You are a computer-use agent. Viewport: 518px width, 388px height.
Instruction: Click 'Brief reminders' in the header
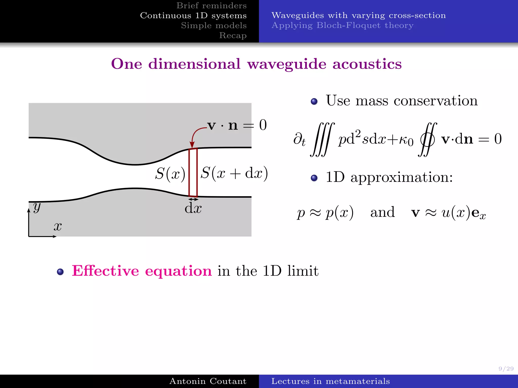click(x=211, y=6)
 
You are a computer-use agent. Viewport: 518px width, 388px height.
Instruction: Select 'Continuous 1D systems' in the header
click(x=193, y=16)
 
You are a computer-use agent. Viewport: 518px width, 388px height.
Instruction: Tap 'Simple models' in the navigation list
click(x=214, y=26)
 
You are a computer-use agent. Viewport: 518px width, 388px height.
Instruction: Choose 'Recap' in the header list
click(x=233, y=35)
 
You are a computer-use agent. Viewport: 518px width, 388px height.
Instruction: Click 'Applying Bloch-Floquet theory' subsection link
click(x=342, y=26)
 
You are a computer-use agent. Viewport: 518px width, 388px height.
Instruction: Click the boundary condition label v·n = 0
click(x=237, y=125)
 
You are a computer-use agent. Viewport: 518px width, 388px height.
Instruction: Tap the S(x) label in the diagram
click(x=170, y=174)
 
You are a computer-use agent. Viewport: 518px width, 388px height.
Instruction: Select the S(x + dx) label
click(x=234, y=174)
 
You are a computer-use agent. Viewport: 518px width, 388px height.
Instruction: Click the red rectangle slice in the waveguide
click(x=193, y=173)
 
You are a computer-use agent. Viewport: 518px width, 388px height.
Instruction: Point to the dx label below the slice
click(x=193, y=209)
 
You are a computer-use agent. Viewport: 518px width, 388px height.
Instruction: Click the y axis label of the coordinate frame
click(x=37, y=207)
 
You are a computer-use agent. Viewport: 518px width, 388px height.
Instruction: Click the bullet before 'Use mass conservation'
click(x=314, y=102)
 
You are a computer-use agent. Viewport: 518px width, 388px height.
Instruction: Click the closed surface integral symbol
click(x=427, y=139)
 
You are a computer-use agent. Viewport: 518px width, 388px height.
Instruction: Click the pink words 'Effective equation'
click(x=142, y=271)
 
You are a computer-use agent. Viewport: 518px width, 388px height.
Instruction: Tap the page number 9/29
click(x=506, y=369)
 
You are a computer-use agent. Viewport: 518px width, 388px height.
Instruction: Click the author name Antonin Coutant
click(x=208, y=381)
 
